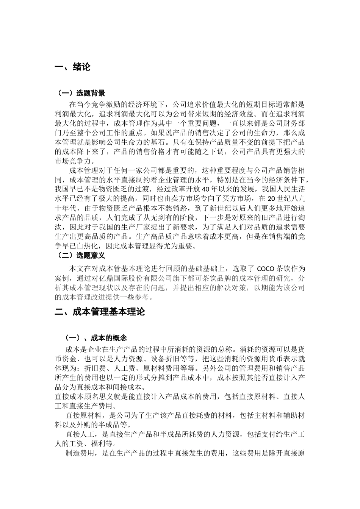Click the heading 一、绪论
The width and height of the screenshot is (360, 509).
tap(73, 67)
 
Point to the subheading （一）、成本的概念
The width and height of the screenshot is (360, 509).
tap(95, 338)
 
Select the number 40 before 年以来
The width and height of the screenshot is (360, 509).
tap(205, 189)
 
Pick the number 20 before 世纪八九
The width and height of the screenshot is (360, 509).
tap(271, 198)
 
